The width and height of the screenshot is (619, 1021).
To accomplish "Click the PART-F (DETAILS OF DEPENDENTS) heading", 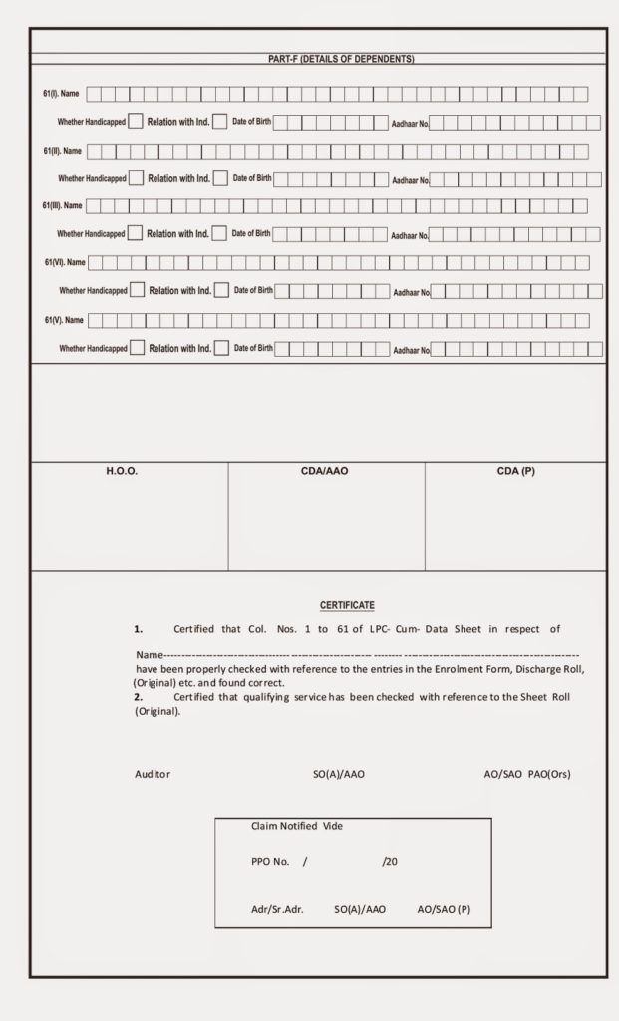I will coord(341,59).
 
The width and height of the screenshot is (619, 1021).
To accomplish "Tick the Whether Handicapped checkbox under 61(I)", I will coord(135,123).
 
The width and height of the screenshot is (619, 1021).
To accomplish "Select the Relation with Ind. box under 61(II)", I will coord(219,179).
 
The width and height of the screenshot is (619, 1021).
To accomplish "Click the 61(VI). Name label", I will coord(65,263).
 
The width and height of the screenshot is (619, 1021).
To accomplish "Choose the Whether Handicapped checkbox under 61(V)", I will coord(138,349).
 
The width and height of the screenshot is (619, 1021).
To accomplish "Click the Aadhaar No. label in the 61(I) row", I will coord(410,125).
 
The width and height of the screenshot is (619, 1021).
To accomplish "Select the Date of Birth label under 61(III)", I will coord(251,234).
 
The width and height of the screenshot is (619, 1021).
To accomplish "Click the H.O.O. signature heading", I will coord(122,471).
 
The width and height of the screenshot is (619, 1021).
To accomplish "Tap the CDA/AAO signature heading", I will coord(325,471).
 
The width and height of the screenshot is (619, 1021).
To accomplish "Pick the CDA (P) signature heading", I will coord(515,471).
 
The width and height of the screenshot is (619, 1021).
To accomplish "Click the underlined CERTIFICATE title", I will coord(347,605).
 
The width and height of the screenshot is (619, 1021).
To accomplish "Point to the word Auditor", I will coord(153,774).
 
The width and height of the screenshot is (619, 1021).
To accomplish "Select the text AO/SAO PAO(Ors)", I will coord(527,774).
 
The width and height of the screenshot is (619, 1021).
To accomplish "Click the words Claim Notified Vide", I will coord(297,827).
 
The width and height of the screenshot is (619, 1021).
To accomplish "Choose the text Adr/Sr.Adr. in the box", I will coord(277,910).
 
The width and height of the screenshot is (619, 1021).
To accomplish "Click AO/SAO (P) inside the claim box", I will coord(444,910).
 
